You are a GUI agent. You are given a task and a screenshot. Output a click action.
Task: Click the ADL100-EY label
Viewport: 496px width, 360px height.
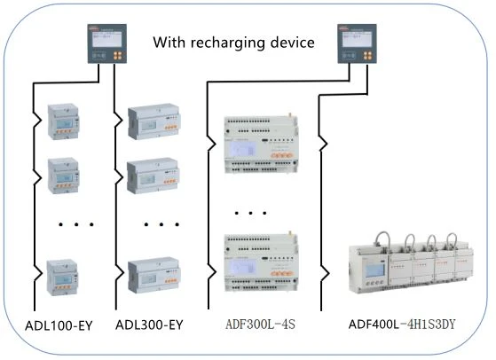point(59,325)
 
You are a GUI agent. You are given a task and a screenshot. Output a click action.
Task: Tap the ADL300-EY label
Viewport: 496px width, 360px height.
point(149,325)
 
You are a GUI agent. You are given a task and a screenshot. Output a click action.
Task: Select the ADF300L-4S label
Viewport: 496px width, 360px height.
point(260,325)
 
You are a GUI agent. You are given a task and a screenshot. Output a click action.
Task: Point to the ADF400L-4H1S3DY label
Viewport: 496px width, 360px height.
point(402,325)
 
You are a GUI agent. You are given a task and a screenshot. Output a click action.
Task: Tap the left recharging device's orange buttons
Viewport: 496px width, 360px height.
point(118,56)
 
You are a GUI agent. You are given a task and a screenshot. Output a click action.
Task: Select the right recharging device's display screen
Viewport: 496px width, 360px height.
point(357,39)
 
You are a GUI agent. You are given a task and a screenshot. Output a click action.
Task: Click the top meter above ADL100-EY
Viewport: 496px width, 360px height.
point(63,121)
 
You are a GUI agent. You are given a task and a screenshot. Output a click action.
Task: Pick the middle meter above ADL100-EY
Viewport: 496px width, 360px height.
point(63,176)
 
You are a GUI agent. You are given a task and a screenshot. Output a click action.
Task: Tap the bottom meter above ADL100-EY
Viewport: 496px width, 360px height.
point(62,278)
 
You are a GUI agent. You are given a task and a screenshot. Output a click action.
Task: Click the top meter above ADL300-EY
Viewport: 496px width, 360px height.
point(154,121)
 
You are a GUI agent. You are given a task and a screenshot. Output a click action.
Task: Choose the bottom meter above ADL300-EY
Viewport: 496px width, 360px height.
point(154,276)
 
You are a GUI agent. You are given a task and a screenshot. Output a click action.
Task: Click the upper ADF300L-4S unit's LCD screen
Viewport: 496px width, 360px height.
point(242,149)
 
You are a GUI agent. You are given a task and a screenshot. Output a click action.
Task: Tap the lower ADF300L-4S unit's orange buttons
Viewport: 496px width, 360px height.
point(281,273)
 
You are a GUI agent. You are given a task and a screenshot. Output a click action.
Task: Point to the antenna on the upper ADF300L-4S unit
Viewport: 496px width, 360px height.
point(289,115)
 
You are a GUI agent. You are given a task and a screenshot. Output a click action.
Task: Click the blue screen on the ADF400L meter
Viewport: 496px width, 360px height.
point(374,270)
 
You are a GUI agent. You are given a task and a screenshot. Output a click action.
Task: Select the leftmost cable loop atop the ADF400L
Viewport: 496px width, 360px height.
point(382,239)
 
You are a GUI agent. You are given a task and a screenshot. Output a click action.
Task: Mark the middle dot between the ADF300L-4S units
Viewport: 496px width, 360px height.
point(250,213)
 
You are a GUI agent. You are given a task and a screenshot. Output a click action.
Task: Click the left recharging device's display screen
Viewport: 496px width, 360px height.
point(106,39)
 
